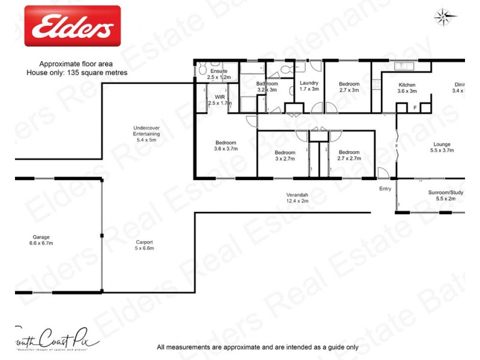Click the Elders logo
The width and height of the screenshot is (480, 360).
pos(73,26)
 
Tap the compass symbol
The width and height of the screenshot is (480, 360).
pos(442,17)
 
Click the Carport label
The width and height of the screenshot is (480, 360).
pos(143,242)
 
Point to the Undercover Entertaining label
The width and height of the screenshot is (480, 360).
pos(146,131)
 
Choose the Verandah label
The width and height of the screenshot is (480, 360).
pos(297,195)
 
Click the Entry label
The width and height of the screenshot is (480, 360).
pos(385,189)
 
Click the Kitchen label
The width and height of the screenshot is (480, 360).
pos(407,85)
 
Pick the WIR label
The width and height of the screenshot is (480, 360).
pos(220,96)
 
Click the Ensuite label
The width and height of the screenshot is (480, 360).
pos(218,71)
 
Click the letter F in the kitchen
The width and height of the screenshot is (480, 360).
pos(415,107)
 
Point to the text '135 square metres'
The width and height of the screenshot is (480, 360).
pos(97,73)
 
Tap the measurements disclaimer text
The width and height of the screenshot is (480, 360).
pos(257,347)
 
